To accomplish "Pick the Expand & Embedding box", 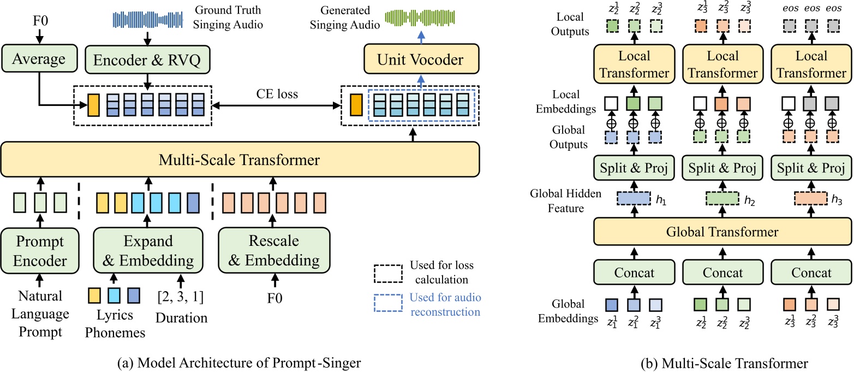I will coord(146,251).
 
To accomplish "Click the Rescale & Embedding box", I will coord(274,251).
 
